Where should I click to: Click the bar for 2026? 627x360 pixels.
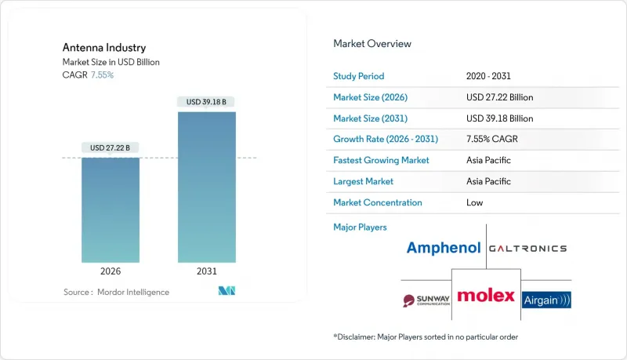tap(111, 210)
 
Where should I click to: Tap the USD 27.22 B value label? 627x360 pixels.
tap(111, 147)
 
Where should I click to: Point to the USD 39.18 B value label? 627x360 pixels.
tap(206, 101)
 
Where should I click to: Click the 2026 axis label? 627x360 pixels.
tap(111, 272)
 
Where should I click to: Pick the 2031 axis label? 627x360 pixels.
tap(206, 272)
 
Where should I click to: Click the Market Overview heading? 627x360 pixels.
tap(371, 44)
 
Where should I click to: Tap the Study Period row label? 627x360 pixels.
tap(360, 77)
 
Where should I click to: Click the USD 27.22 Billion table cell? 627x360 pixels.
tap(499, 97)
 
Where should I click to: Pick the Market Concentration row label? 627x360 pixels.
tap(378, 202)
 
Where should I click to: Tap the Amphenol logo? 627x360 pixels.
tap(443, 249)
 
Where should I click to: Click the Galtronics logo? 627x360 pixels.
tap(527, 248)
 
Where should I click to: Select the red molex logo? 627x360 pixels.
tap(486, 296)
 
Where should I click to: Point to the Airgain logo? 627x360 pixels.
tap(546, 299)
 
